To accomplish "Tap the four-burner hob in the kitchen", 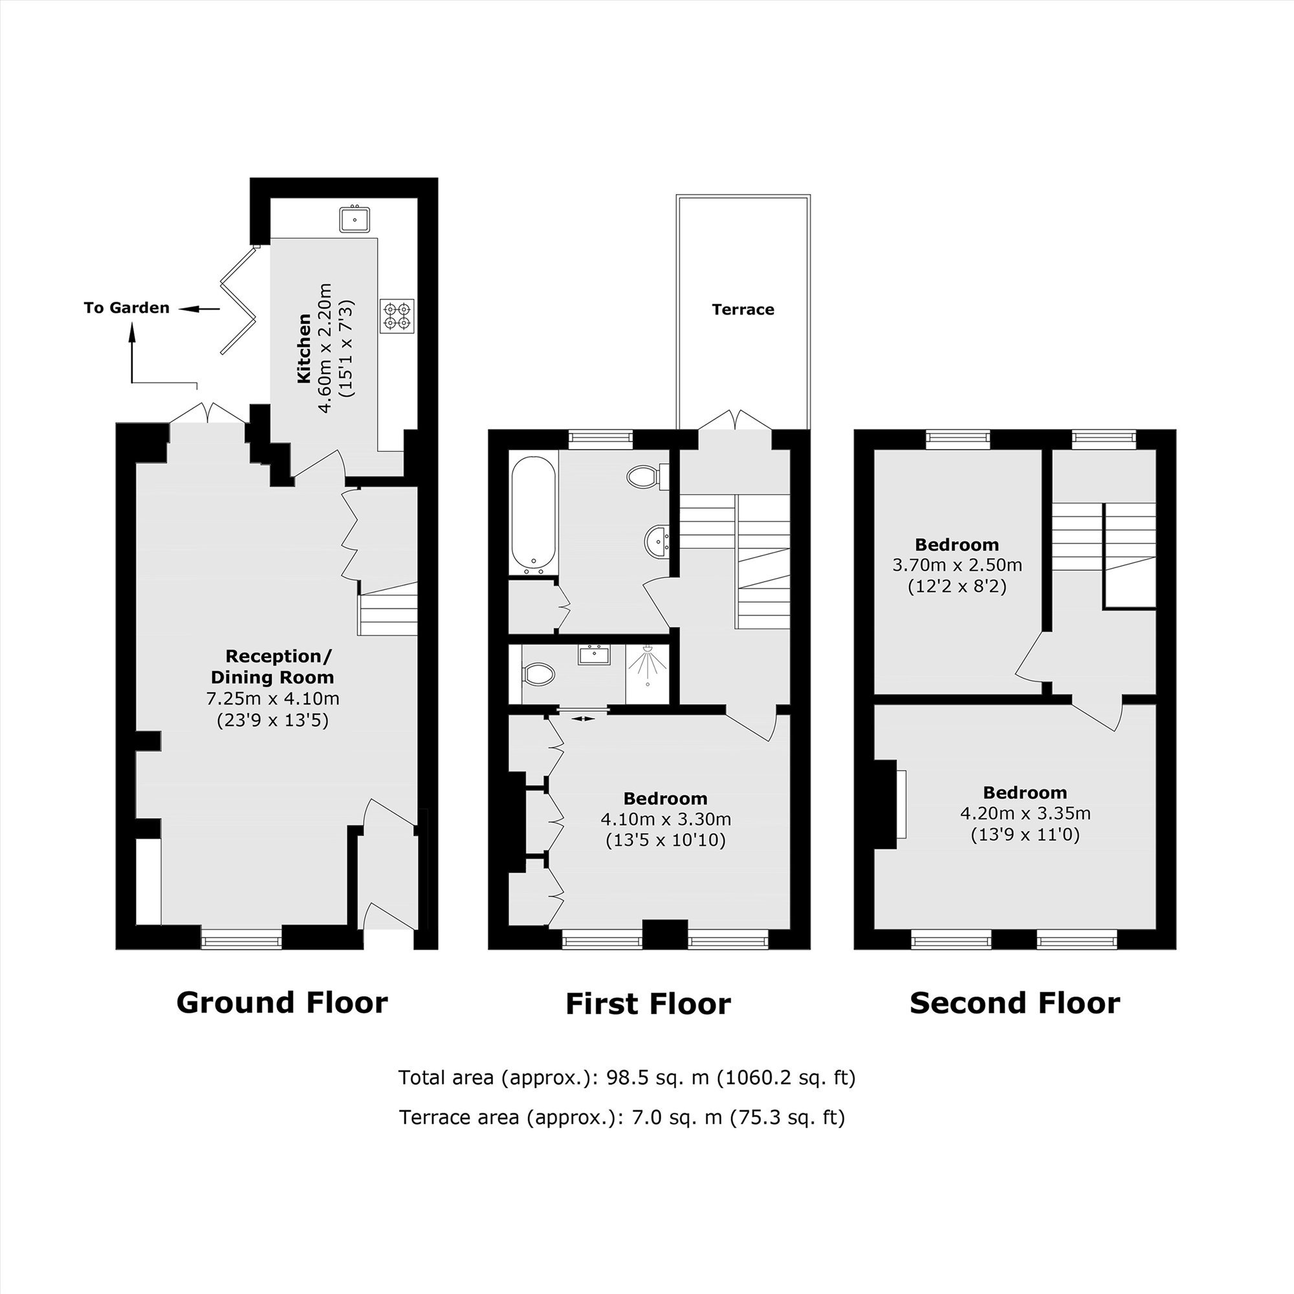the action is [x=398, y=316].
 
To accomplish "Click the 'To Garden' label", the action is [x=127, y=307].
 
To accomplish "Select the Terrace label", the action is [x=743, y=309].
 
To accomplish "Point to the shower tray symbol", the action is [x=648, y=674].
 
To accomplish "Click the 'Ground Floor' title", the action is [x=282, y=1002].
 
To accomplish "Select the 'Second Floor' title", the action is [x=1014, y=1003].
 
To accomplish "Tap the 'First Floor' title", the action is [x=648, y=1004].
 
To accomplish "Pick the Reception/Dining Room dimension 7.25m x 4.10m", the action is [x=272, y=699].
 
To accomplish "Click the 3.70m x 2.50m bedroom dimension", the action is [x=957, y=565].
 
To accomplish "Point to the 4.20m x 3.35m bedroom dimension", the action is [x=1025, y=813].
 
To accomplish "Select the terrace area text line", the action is [x=622, y=1117].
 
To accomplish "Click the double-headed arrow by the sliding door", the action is [x=584, y=719].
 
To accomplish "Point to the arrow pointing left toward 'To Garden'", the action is [x=199, y=309].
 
